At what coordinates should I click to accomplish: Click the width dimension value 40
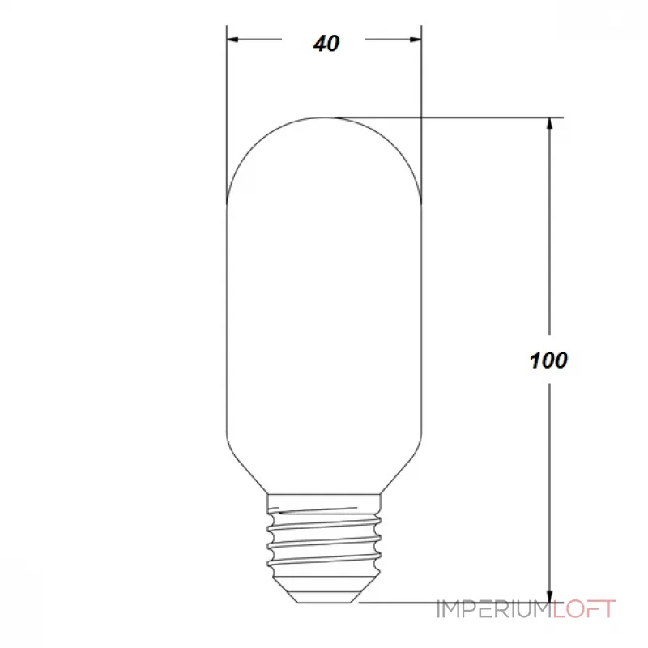pos(326,44)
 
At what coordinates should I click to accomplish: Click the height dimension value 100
pos(549,360)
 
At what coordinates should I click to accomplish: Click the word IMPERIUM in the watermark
pos(494,609)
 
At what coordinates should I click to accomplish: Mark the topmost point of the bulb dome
pos(324,117)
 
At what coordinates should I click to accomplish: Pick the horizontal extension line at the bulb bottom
pos(454,603)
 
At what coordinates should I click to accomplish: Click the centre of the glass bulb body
pos(324,308)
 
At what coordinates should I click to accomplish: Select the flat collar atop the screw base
pos(324,498)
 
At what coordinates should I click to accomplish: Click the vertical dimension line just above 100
pos(550,308)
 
